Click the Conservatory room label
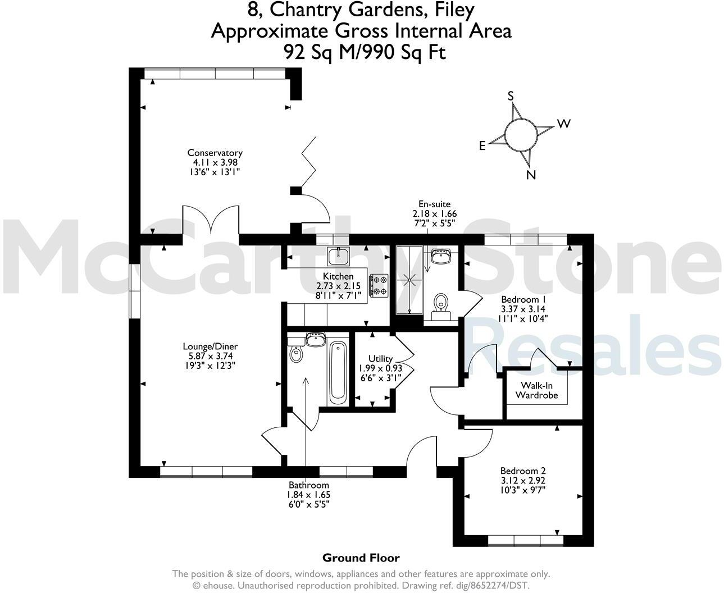[215, 153]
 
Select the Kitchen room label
[338, 276]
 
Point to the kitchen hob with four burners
[379, 285]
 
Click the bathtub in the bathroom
[338, 372]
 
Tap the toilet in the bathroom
[296, 353]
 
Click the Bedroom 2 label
[523, 471]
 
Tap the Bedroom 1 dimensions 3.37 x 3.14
[523, 309]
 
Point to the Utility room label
[380, 359]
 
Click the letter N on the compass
[531, 175]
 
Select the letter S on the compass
[511, 96]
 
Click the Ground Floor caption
[361, 558]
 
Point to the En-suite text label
[434, 204]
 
